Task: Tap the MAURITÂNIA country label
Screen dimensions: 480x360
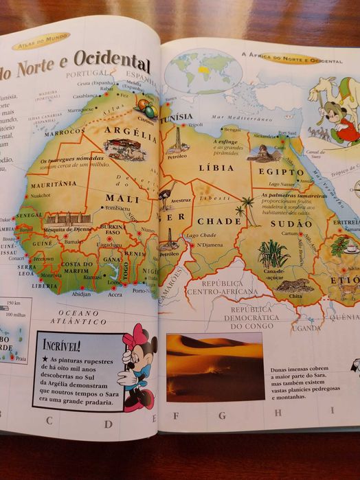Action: point(53,183)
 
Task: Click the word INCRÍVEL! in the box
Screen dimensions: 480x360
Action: point(62,344)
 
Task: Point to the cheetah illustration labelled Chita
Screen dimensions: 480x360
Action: point(295,285)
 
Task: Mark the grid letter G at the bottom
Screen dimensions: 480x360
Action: point(222,415)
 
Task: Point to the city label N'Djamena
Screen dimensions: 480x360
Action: point(209,245)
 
